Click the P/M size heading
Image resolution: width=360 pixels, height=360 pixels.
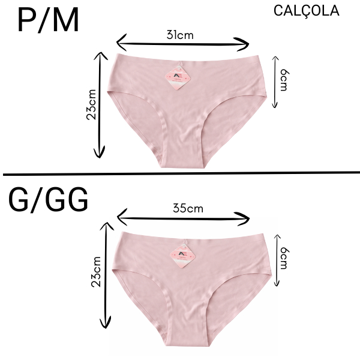coord(48,22)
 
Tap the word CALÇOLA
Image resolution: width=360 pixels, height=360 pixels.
coord(305,10)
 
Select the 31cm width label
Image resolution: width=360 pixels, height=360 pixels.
coord(180,34)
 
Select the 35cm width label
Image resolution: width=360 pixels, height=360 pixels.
coord(188,209)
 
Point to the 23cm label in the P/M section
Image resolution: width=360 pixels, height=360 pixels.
coord(91,106)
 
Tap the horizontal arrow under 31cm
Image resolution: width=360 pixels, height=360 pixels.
coord(182,43)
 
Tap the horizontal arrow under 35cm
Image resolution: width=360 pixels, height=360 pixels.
coord(183,217)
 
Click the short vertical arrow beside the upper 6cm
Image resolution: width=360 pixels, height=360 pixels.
coord(275,81)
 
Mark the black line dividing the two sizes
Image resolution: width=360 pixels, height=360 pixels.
coord(180,174)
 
